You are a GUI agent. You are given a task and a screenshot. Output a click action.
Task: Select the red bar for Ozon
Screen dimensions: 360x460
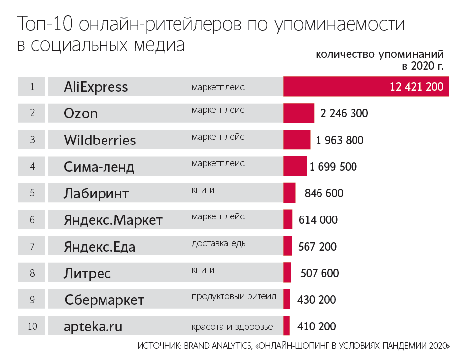pyautogui.click(x=299, y=113)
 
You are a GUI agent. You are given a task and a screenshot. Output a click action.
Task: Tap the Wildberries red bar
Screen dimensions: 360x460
pyautogui.click(x=297, y=140)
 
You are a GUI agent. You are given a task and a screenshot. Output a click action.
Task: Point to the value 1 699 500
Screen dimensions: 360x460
pyautogui.click(x=333, y=167)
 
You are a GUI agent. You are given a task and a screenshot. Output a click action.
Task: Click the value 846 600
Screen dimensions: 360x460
pyautogui.click(x=324, y=193)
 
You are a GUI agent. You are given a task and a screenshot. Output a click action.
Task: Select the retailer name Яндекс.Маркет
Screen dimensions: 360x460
pyautogui.click(x=113, y=220)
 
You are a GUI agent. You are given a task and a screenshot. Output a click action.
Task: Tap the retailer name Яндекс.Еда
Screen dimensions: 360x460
pyautogui.click(x=99, y=247)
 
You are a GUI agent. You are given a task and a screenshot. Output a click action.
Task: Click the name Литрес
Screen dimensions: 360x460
pyautogui.click(x=87, y=273)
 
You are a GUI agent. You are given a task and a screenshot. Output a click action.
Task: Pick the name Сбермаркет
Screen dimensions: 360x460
pyautogui.click(x=104, y=300)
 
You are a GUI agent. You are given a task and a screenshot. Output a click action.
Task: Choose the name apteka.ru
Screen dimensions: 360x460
pyautogui.click(x=93, y=326)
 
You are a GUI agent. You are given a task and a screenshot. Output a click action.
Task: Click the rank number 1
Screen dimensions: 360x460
pyautogui.click(x=32, y=87)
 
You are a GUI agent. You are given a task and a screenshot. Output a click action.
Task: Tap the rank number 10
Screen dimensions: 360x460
pyautogui.click(x=32, y=326)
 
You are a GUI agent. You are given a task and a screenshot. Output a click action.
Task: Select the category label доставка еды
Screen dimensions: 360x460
pyautogui.click(x=219, y=243)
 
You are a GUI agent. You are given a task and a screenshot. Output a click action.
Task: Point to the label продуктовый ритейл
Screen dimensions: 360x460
pyautogui.click(x=234, y=296)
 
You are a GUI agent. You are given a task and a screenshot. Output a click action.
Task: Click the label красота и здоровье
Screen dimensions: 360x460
pyautogui.click(x=232, y=326)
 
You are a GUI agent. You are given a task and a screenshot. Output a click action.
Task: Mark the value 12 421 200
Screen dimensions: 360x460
pyautogui.click(x=417, y=87)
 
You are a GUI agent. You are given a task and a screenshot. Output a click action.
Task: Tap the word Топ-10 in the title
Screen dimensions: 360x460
pyautogui.click(x=45, y=24)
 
